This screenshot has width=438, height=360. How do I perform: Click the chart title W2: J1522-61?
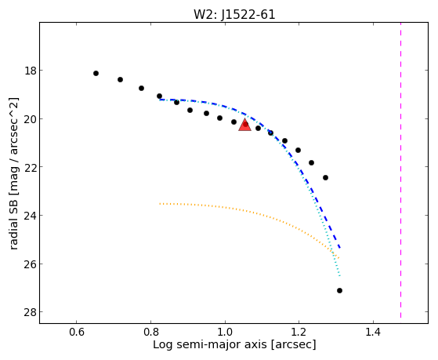(234, 14)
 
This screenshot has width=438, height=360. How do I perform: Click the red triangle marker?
(245, 125)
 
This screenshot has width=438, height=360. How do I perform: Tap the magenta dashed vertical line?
(401, 170)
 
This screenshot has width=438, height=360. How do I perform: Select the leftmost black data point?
(96, 73)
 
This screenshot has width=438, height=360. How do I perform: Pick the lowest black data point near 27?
(340, 291)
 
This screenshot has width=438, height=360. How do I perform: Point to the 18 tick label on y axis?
(31, 71)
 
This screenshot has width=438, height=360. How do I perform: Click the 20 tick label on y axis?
(31, 119)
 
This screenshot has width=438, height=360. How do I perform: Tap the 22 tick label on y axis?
(31, 167)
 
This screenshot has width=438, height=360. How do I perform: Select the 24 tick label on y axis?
(31, 216)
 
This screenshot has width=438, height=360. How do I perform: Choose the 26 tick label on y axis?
(31, 264)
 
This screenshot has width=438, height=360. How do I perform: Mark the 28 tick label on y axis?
(31, 312)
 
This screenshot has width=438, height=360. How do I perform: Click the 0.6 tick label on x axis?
(77, 332)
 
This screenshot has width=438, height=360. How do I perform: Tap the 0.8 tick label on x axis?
(151, 332)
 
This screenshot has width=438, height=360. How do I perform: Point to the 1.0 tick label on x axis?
(225, 332)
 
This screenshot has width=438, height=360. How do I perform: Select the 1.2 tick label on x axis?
(299, 332)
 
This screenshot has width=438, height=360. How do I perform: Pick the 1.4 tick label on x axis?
(373, 332)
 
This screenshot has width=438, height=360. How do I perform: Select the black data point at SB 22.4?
(325, 177)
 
